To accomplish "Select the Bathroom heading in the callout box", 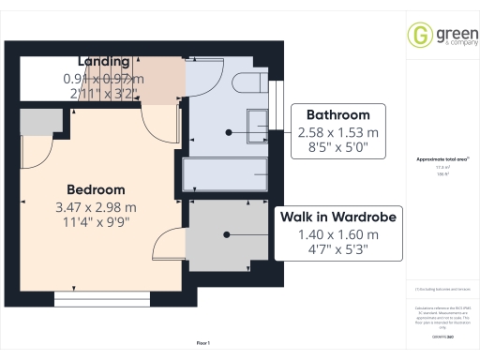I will (x=337, y=114).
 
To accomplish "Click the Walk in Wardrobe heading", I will (x=337, y=217).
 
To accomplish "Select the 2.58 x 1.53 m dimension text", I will (x=337, y=132).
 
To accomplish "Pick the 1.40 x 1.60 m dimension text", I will (x=337, y=234).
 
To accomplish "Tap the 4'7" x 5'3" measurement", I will (x=337, y=250).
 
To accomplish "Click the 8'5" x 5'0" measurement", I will (x=337, y=148).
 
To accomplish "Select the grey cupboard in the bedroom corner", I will (x=37, y=121).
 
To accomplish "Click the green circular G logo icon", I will (x=418, y=35).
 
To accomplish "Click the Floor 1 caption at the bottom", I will (x=203, y=344).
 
